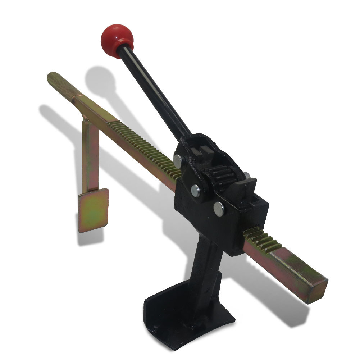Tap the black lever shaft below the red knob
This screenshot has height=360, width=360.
click(155, 90)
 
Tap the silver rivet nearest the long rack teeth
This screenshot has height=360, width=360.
click(178, 160)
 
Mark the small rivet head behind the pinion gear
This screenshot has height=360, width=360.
click(246, 175)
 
